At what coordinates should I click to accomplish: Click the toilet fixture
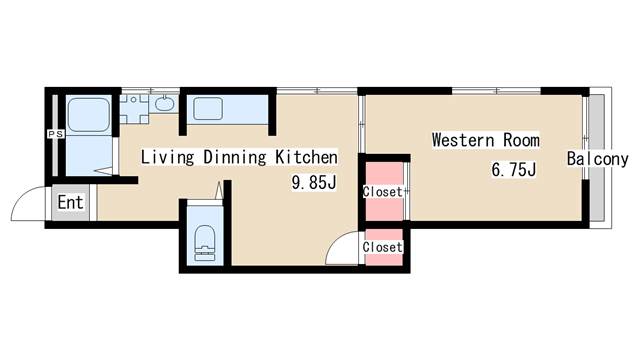204,242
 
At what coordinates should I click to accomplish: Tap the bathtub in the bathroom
89,115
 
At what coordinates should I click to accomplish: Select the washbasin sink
164,104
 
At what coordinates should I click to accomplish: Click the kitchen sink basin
208,109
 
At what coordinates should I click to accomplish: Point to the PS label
56,134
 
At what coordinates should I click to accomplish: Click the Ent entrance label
70,202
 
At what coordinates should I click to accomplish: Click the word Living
167,158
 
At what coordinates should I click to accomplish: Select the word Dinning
235,158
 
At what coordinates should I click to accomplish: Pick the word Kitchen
307,157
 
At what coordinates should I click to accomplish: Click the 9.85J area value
314,182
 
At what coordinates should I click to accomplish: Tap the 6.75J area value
513,169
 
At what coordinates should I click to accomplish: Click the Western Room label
486,140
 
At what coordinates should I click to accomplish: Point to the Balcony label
598,159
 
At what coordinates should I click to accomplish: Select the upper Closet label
382,191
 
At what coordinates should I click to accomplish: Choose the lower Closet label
382,247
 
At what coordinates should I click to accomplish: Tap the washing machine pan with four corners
134,109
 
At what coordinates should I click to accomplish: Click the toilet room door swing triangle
219,190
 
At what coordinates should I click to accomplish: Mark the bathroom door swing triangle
104,171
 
